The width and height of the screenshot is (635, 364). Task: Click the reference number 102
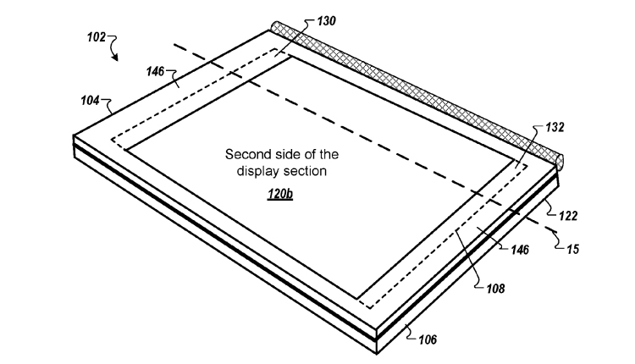[x=97, y=37]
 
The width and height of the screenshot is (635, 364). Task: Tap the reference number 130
[x=326, y=20]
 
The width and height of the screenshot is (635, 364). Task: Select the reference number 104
[x=90, y=100]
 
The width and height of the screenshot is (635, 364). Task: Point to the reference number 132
[x=555, y=127]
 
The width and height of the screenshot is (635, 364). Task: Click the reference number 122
[x=568, y=216]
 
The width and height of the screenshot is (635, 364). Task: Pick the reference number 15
[x=573, y=249]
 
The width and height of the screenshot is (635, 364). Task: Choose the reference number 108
[x=495, y=289]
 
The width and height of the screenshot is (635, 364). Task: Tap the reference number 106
[x=428, y=339]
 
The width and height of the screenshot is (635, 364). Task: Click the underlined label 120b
[x=280, y=194]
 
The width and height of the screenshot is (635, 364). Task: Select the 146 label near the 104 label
[x=156, y=72]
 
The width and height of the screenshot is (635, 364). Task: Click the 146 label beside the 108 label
[x=520, y=250]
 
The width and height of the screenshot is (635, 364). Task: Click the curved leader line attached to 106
[x=411, y=333]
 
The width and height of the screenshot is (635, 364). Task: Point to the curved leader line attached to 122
[x=551, y=207]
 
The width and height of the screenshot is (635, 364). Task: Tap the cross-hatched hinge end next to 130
[x=275, y=27]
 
